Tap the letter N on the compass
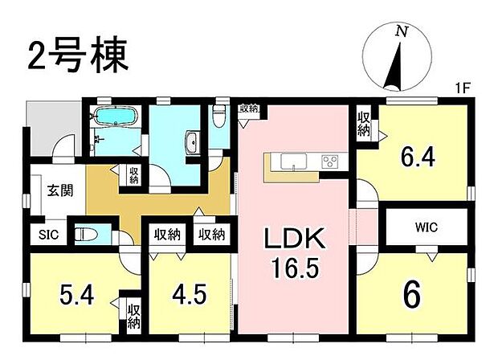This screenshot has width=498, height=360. tap(402, 32)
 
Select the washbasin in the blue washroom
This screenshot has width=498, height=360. tap(194, 144)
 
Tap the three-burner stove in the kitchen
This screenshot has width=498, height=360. tap(330, 162)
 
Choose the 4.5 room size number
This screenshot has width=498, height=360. tap(190, 295)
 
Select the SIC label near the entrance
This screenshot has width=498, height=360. tap(47, 235)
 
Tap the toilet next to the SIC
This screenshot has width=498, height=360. tap(88, 235)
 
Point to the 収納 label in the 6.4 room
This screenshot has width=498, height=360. tap(364, 123)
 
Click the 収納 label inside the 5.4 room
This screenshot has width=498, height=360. tap(133, 315)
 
